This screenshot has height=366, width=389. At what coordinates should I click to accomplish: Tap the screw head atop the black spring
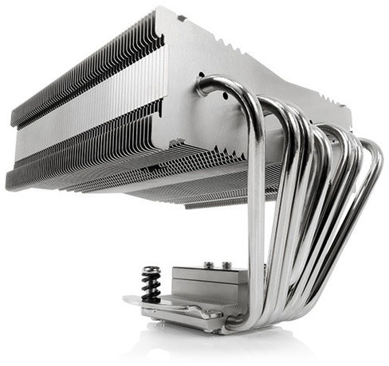151,270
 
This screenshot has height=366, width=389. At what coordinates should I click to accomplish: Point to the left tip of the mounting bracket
128,300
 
